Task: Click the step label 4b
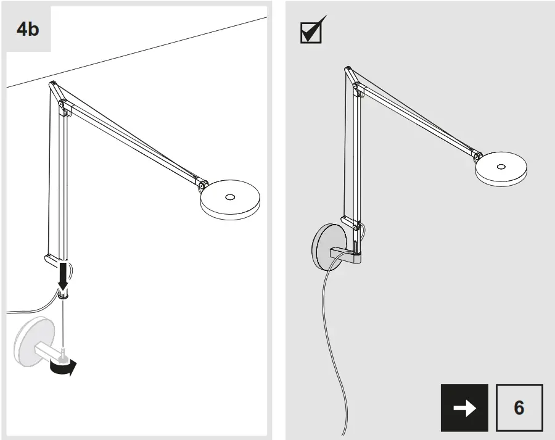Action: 28,29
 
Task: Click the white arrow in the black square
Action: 464,407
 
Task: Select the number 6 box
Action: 519,407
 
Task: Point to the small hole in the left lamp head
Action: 230,197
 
